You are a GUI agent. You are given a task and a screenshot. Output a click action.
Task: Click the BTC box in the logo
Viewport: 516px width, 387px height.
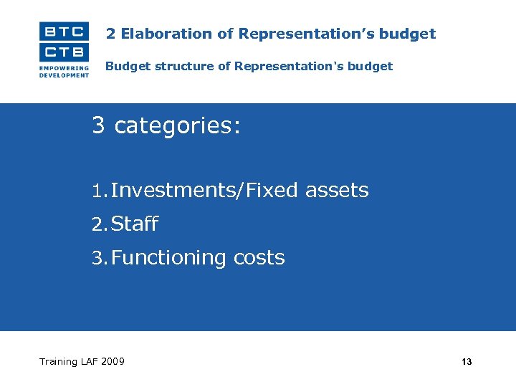click(64, 31)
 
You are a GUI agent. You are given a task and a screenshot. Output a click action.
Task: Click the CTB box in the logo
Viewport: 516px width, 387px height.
click(64, 52)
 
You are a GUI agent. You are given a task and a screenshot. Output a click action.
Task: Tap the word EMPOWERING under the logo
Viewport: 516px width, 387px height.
click(64, 68)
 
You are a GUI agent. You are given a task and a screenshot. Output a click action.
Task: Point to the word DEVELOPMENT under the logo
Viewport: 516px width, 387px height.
click(64, 75)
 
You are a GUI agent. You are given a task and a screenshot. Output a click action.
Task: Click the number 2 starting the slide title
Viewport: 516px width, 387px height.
click(110, 34)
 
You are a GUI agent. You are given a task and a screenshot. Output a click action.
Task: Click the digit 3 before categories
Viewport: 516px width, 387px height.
click(99, 125)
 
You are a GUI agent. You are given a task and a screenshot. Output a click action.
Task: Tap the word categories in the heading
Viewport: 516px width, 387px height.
click(177, 126)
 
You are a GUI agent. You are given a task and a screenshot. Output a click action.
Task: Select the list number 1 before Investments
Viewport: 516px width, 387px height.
click(98, 191)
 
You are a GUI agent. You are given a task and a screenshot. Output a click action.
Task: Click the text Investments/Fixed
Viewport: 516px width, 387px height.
click(205, 191)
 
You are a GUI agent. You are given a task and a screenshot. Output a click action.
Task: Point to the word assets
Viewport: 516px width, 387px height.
click(336, 191)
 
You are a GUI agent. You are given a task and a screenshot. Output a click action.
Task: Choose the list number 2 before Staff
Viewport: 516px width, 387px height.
click(99, 224)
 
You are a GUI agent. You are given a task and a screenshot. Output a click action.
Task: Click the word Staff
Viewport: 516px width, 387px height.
click(135, 224)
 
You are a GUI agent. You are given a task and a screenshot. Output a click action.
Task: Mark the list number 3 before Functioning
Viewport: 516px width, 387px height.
click(99, 258)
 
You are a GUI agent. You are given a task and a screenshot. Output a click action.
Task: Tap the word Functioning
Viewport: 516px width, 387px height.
click(169, 258)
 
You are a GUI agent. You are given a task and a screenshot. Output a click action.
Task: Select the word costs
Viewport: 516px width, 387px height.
click(259, 258)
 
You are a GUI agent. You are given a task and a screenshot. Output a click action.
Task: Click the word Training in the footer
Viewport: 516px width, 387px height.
click(58, 361)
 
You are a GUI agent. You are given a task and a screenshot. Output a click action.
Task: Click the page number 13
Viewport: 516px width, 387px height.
click(467, 362)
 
